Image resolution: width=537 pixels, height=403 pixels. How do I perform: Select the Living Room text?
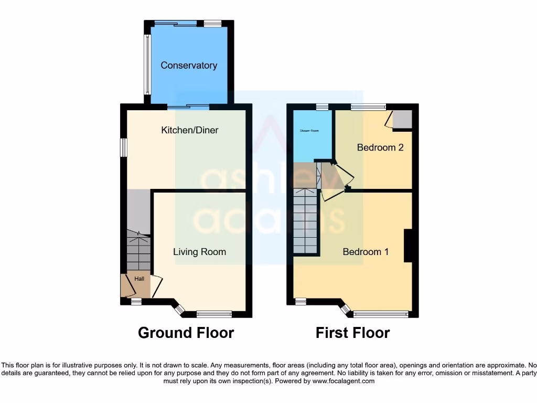199,252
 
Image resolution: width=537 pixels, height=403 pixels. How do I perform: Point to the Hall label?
139,279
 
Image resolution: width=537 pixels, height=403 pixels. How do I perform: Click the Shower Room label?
309,131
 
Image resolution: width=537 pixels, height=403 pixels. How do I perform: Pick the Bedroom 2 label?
380,147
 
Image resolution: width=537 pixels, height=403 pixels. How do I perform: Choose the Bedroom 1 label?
366,252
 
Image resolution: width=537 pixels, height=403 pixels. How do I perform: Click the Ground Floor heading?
186,333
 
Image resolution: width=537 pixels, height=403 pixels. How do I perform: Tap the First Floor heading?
352,333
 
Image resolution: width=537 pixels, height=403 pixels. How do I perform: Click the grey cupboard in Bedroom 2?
403,119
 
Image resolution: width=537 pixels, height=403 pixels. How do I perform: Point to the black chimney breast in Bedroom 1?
408,246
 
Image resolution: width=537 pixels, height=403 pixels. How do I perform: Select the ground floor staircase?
138,252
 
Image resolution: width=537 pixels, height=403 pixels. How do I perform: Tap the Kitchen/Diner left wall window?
124,147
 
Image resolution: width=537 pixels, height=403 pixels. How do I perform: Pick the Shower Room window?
322,107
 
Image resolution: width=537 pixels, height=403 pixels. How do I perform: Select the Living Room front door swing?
156,287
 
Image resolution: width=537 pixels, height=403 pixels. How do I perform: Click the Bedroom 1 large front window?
381,314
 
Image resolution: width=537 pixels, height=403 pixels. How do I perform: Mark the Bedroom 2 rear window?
367,107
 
